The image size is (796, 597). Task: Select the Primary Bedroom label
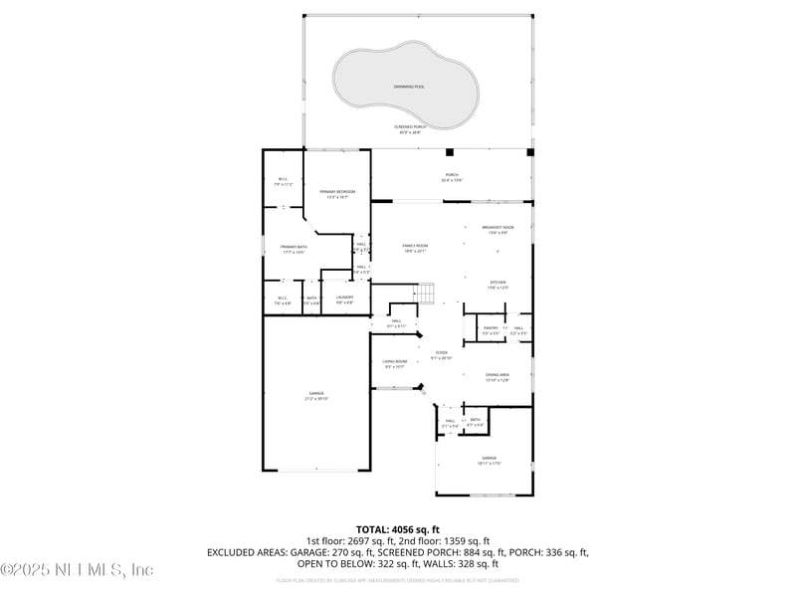click(x=337, y=191)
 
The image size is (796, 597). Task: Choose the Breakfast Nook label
click(x=497, y=228)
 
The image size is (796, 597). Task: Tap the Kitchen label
click(x=497, y=284)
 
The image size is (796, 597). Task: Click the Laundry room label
click(x=344, y=298)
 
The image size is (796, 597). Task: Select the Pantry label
click(x=491, y=327)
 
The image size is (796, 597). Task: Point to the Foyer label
click(x=441, y=353)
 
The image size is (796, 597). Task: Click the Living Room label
click(x=395, y=362)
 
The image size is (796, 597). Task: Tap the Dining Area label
click(x=497, y=375)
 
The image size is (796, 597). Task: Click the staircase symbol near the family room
click(x=425, y=294)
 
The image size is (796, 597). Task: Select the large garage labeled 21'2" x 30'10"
click(x=315, y=395)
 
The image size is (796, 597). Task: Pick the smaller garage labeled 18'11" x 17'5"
click(x=489, y=459)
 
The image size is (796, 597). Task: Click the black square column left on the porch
click(x=450, y=152)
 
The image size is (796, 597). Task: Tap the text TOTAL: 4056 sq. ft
click(x=397, y=529)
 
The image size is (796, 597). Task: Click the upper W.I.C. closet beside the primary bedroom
click(x=282, y=181)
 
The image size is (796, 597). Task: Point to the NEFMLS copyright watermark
click(x=77, y=570)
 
